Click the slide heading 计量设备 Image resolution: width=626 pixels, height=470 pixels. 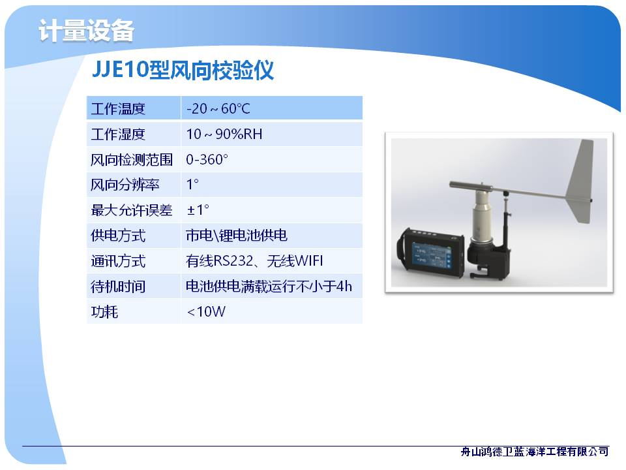(x=86, y=31)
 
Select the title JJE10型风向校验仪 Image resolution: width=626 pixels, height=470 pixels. (x=183, y=70)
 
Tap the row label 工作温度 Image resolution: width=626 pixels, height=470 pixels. (x=118, y=109)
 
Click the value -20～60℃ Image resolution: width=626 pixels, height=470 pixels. (x=218, y=109)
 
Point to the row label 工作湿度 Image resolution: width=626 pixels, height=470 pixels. (x=118, y=134)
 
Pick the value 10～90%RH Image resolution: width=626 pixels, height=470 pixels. (x=224, y=134)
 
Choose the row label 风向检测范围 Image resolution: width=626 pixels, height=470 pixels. (x=131, y=160)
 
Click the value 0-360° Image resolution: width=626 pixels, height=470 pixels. (x=207, y=159)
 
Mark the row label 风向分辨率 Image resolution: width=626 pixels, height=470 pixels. (x=125, y=185)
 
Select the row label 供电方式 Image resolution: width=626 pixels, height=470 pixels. (x=118, y=236)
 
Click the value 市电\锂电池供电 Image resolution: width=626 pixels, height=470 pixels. (x=236, y=236)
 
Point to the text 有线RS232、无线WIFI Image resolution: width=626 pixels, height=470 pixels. (x=254, y=261)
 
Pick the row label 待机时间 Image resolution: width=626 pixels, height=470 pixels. (x=118, y=287)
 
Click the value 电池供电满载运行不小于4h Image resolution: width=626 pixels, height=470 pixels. (x=269, y=287)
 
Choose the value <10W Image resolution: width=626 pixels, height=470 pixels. (x=206, y=312)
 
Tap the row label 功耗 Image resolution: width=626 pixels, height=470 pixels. (x=104, y=312)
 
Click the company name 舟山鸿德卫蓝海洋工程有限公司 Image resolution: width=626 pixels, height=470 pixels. (x=535, y=452)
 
